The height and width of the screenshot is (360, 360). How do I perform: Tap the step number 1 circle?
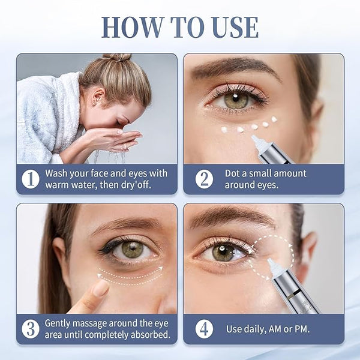coord(31,179)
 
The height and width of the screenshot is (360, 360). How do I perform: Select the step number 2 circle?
coord(204,179)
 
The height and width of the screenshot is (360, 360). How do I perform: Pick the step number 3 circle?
coord(31,329)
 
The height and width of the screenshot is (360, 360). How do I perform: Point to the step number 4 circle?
coord(204,329)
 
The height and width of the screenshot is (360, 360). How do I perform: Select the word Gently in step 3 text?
coord(57,324)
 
